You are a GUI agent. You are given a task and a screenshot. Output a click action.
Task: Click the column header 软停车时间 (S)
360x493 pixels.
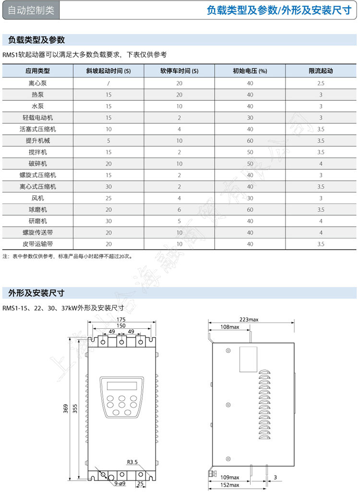click(x=179, y=71)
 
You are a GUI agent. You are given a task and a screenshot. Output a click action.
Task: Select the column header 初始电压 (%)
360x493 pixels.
click(x=250, y=71)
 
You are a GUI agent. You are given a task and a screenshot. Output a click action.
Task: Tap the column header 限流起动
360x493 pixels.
click(x=321, y=71)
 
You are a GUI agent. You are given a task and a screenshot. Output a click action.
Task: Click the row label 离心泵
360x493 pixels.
click(x=38, y=83)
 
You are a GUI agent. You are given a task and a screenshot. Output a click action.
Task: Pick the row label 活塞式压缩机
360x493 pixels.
click(x=38, y=129)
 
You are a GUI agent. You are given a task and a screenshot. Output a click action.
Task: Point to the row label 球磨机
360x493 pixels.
click(x=38, y=210)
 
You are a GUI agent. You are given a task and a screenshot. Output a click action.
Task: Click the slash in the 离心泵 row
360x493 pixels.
click(x=109, y=83)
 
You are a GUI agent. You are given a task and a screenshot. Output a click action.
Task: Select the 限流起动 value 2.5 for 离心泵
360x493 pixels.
click(x=321, y=83)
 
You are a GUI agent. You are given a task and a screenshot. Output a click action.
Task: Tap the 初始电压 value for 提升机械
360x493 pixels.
click(x=250, y=141)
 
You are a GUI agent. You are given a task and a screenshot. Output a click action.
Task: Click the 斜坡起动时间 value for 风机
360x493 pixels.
click(x=109, y=198)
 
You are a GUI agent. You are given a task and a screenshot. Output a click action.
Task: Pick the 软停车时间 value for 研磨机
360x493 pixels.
click(x=179, y=221)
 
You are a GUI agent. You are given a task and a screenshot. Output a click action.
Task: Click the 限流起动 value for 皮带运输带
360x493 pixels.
click(x=321, y=244)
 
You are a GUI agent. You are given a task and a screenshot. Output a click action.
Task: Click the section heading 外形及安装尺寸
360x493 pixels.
click(x=34, y=293)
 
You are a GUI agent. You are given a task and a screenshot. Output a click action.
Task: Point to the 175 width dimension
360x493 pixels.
click(x=121, y=319)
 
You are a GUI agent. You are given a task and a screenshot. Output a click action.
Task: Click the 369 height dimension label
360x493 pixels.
click(x=66, y=408)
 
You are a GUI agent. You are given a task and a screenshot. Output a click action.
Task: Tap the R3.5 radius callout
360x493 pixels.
click(x=132, y=462)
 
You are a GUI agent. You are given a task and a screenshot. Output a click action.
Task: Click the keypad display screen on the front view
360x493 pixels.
click(x=121, y=385)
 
